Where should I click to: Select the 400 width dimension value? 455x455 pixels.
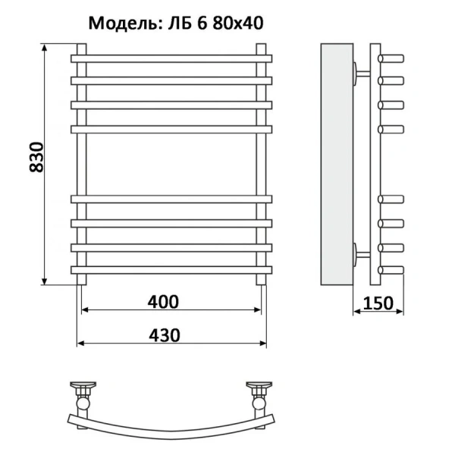coord(164,302)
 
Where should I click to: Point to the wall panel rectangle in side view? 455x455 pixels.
coord(336,163)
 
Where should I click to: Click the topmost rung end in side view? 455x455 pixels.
coord(394,57)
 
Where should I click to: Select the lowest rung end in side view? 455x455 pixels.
coord(394,269)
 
